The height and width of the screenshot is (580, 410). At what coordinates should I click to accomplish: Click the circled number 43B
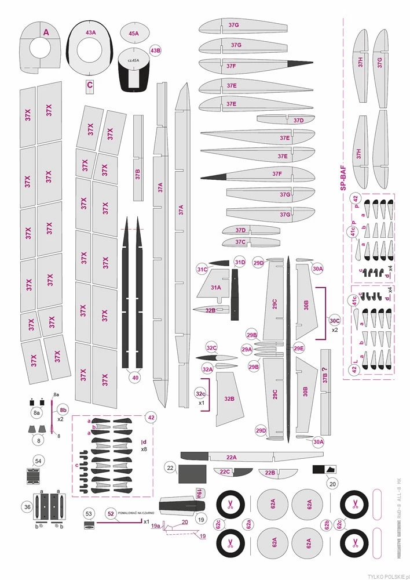pos(155,50)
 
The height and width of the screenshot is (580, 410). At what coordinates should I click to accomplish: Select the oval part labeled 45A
pos(134,34)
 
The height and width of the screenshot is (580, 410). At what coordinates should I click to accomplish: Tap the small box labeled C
pos(89,85)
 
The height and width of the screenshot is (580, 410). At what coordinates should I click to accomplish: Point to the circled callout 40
pos(136,378)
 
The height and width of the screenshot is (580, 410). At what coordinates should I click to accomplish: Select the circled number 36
pos(27,507)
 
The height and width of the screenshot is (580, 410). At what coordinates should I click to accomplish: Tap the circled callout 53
pos(89,514)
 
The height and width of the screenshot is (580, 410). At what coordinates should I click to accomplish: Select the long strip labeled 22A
pos(232,457)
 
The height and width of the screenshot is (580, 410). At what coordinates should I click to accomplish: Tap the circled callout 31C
pos(202,269)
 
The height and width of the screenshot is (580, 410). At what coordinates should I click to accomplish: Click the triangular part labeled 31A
pos(215,288)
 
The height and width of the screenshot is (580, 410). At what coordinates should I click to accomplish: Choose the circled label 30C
pos(334,320)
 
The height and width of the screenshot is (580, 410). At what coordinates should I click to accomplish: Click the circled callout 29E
pos(299,349)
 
